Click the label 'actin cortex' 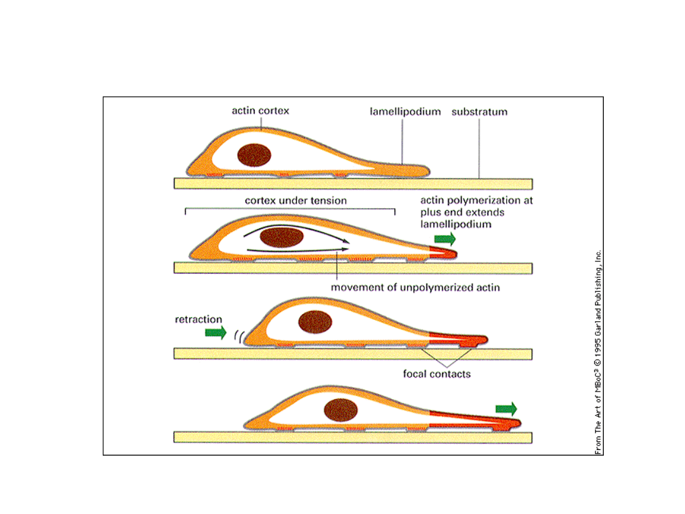pyautogui.click(x=260, y=111)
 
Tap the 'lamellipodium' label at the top pyautogui.click(x=405, y=112)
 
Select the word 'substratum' pyautogui.click(x=480, y=112)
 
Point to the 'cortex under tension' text pyautogui.click(x=296, y=201)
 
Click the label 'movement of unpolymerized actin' pyautogui.click(x=415, y=287)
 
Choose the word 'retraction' pyautogui.click(x=199, y=319)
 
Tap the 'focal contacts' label pyautogui.click(x=437, y=374)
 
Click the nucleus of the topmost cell pyautogui.click(x=254, y=155)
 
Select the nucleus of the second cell pyautogui.click(x=282, y=238)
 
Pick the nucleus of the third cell pyautogui.click(x=315, y=322)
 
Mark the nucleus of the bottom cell pyautogui.click(x=341, y=410)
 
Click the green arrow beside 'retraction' pyautogui.click(x=216, y=333)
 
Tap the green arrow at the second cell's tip pyautogui.click(x=445, y=239)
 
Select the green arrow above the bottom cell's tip pyautogui.click(x=506, y=408)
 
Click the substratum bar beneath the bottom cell pyautogui.click(x=353, y=437)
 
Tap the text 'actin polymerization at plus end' pyautogui.click(x=476, y=206)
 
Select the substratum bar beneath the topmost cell pyautogui.click(x=353, y=184)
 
